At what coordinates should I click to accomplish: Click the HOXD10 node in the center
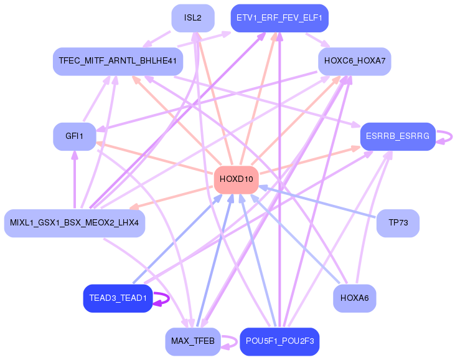point(236,179)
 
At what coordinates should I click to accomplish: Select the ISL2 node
point(192,17)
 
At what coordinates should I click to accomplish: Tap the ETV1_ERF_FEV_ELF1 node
point(279,17)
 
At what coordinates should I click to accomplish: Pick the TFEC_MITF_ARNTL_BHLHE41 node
point(118,61)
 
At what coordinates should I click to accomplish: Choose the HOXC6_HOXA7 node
point(354,61)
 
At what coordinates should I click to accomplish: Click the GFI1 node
point(74,136)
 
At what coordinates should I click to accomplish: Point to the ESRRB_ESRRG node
point(398,136)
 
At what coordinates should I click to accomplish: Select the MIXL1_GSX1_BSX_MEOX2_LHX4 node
point(74,223)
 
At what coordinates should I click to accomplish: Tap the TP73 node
point(398,223)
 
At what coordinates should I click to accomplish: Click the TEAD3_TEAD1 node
point(118,298)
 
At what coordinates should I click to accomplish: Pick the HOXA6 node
point(354,298)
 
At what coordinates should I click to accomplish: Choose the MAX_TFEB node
point(192,341)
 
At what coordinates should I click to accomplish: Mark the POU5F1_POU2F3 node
point(279,341)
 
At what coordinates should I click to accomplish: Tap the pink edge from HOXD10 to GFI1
point(156,158)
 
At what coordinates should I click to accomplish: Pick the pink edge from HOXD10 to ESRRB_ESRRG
point(311,161)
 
